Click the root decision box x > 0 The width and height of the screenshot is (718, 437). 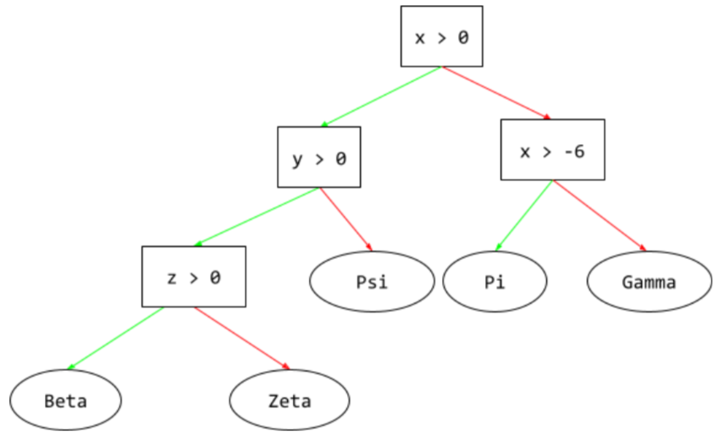click(x=441, y=36)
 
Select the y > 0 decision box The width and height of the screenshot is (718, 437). click(x=318, y=158)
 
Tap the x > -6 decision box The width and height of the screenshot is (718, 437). click(x=552, y=150)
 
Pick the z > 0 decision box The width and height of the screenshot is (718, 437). click(x=193, y=277)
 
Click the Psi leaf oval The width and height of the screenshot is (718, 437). click(x=372, y=281)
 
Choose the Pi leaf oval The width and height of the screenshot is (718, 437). click(x=494, y=281)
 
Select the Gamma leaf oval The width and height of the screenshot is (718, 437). click(x=649, y=281)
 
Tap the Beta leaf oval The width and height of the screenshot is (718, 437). click(x=65, y=400)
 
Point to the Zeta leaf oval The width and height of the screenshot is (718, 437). click(x=290, y=400)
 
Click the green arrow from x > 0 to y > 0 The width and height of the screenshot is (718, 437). click(x=380, y=97)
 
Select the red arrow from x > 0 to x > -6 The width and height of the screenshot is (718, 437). click(x=496, y=92)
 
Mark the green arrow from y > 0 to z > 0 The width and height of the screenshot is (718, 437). click(x=257, y=217)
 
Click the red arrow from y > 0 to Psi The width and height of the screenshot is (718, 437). click(x=345, y=219)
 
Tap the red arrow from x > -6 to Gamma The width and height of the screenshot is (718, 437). click(x=599, y=215)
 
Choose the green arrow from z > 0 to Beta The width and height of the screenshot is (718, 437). click(x=116, y=339)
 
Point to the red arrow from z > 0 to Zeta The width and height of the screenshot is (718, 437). click(x=242, y=338)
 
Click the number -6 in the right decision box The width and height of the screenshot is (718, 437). click(x=575, y=151)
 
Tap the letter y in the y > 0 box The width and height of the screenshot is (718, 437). click(x=296, y=158)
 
